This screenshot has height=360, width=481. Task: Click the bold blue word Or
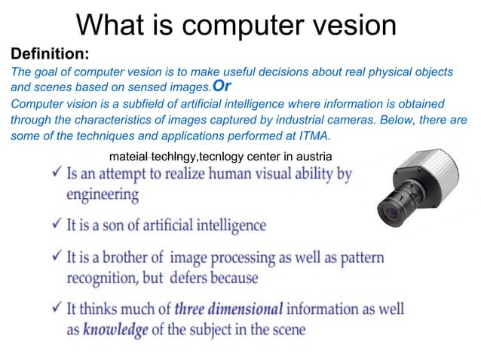pos(222,86)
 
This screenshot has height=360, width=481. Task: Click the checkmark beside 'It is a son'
pos(54,224)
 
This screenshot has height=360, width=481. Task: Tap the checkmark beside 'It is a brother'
pos(54,258)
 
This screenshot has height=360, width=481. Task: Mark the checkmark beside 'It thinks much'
pos(54,309)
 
